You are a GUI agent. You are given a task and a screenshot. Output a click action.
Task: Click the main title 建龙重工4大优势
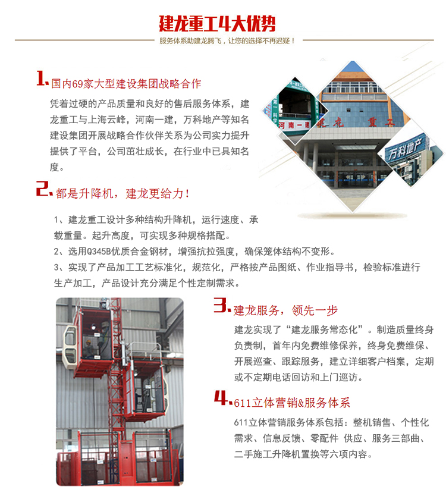[x=217, y=24]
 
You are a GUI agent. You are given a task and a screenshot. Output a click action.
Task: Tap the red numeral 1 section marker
[x=42, y=78]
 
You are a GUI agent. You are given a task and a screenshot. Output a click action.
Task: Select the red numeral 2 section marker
[x=43, y=189]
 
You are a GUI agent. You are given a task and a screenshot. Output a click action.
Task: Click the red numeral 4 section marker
[x=223, y=398]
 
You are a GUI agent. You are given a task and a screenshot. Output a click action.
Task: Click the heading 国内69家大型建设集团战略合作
[x=126, y=84]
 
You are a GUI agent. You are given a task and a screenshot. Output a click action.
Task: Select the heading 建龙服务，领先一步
[x=285, y=310]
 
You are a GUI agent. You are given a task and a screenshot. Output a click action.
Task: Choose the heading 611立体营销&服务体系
[x=292, y=403]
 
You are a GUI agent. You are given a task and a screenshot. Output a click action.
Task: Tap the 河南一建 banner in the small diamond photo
[x=294, y=125]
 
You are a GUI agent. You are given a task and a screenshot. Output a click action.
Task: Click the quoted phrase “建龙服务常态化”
[x=325, y=330]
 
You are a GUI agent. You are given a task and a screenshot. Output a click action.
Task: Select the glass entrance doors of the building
[x=353, y=179]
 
